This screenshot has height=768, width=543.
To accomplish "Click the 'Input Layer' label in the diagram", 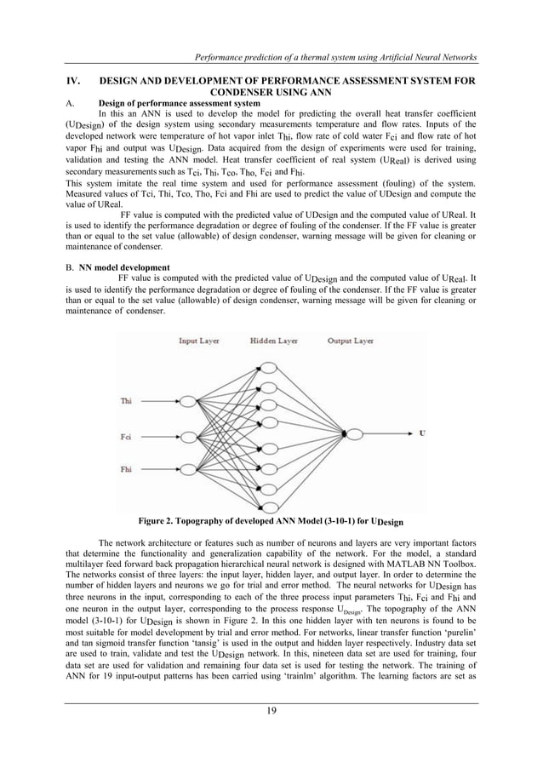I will pyautogui.click(x=199, y=341).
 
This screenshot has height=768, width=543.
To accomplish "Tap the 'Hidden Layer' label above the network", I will pyautogui.click(x=271, y=341).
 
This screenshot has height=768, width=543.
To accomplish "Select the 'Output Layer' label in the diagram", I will pyautogui.click(x=350, y=341).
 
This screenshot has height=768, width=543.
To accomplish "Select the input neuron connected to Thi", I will pyautogui.click(x=186, y=401).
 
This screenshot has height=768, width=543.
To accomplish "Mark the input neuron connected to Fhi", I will pyautogui.click(x=186, y=469).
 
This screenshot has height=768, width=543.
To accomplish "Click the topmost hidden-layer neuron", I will pyautogui.click(x=270, y=368).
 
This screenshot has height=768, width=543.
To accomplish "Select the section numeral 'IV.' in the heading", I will pyautogui.click(x=74, y=79).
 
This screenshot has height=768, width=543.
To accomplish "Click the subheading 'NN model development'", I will pyautogui.click(x=119, y=267).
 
